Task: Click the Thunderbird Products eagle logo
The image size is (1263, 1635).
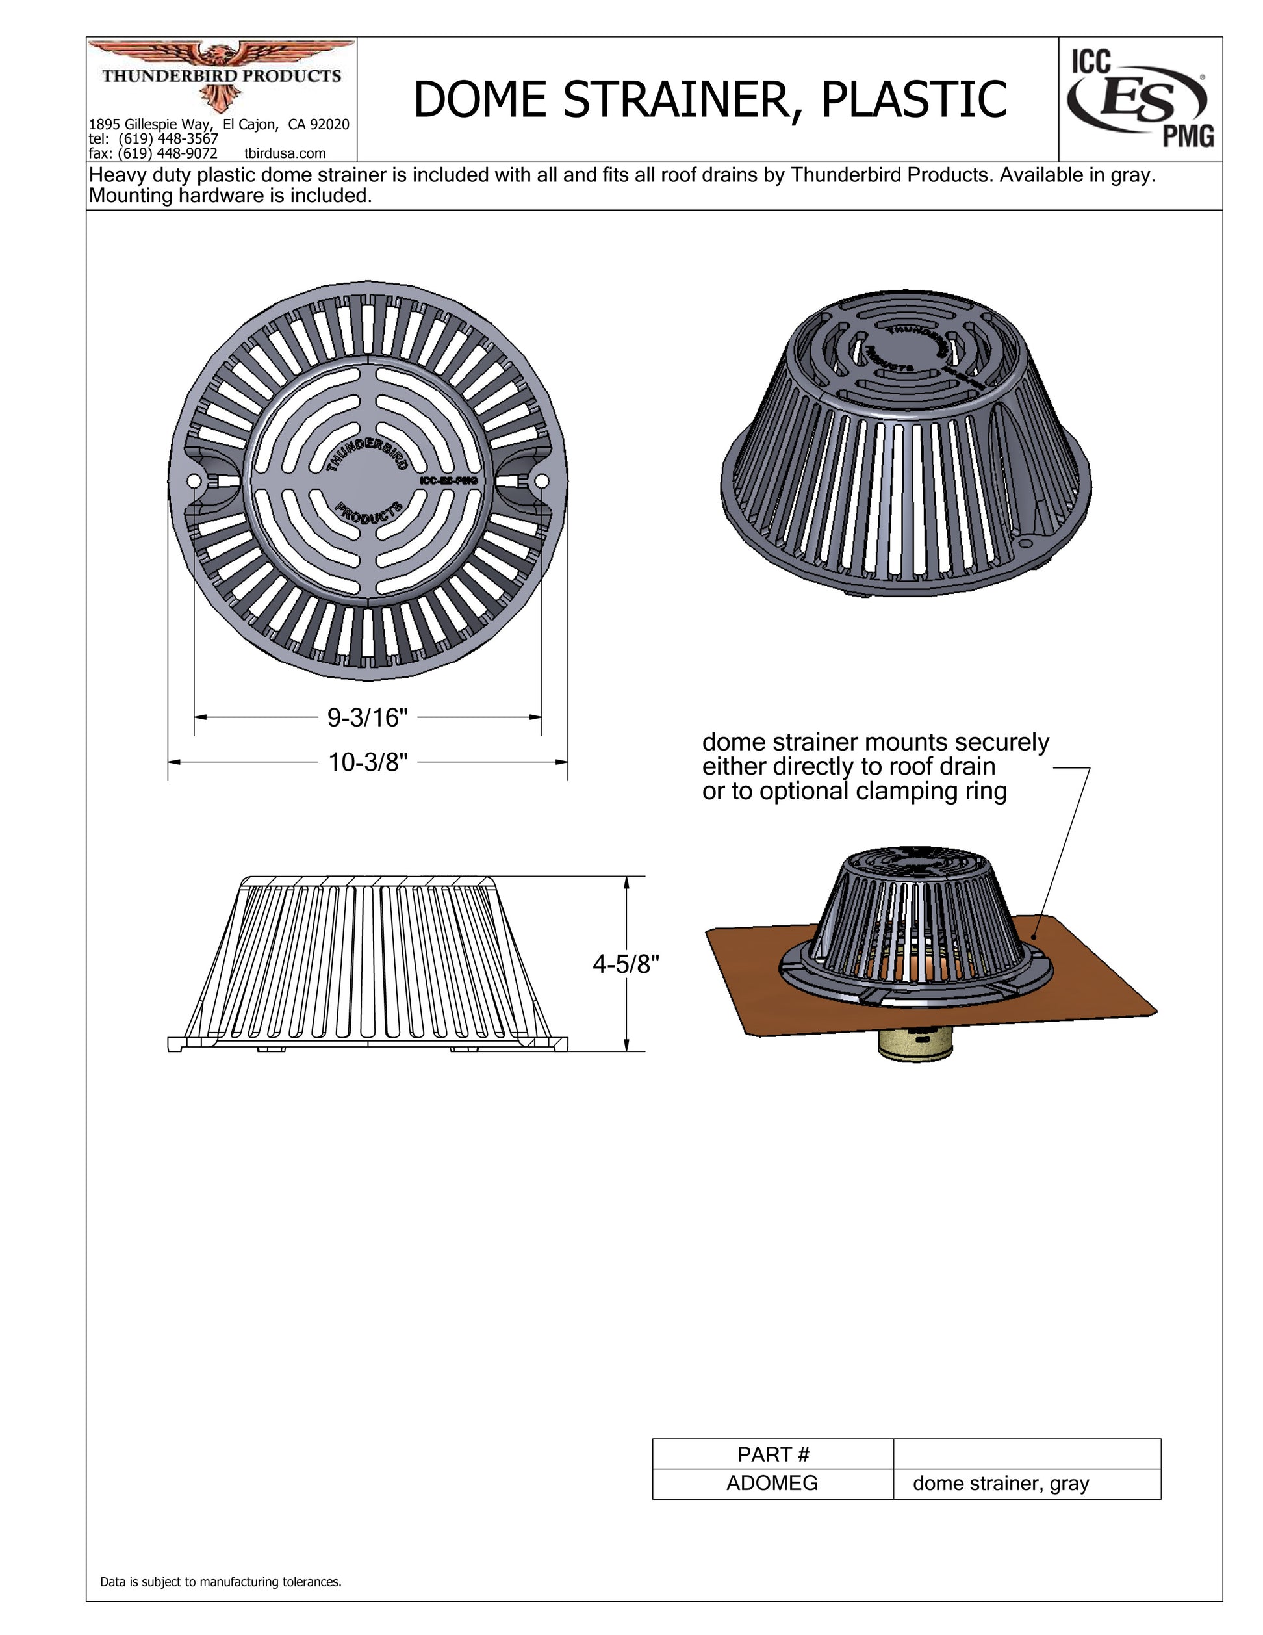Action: click(x=221, y=75)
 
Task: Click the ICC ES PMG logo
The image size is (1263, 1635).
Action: click(x=1140, y=99)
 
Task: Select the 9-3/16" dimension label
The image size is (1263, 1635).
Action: click(x=368, y=718)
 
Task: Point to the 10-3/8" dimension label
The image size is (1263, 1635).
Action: click(x=368, y=763)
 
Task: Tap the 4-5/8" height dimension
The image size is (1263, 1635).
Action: click(x=626, y=964)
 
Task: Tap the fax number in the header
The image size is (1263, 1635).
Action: click(x=153, y=153)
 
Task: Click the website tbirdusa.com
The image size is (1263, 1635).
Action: click(x=285, y=153)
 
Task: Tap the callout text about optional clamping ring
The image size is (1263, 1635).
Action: click(x=854, y=792)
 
